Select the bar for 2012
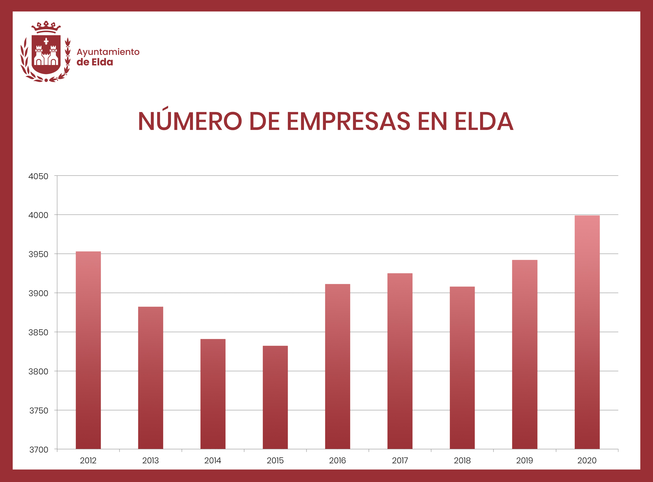tap(88, 350)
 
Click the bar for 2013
tap(150, 378)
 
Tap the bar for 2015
tap(275, 397)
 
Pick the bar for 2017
tap(400, 361)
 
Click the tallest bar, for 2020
tap(587, 332)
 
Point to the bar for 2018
tap(462, 368)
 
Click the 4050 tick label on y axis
tap(38, 176)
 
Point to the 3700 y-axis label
tap(39, 450)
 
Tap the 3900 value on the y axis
tap(38, 293)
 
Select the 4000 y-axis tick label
tap(38, 215)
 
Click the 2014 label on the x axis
tap(213, 460)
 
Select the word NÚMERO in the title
tap(190, 121)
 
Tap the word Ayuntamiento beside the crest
tap(108, 52)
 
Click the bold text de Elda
tap(95, 62)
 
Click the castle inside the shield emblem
tap(46, 56)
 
